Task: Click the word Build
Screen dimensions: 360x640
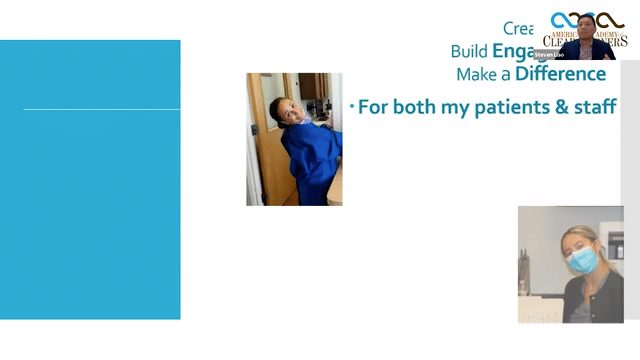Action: tap(470, 51)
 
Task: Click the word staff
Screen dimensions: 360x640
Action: tap(595, 107)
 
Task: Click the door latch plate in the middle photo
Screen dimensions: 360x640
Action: tap(254, 130)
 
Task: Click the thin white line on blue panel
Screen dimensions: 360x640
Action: tap(101, 109)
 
